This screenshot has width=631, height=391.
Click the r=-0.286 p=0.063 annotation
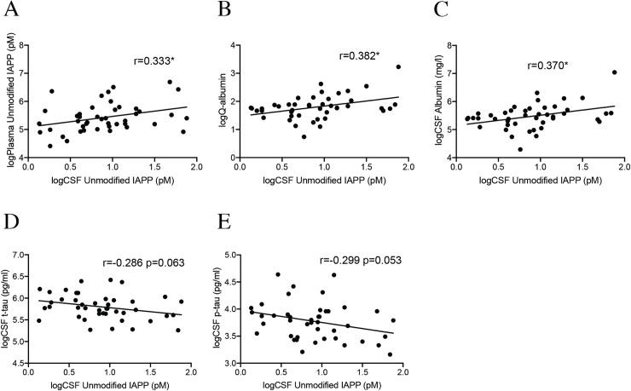click(143, 264)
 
